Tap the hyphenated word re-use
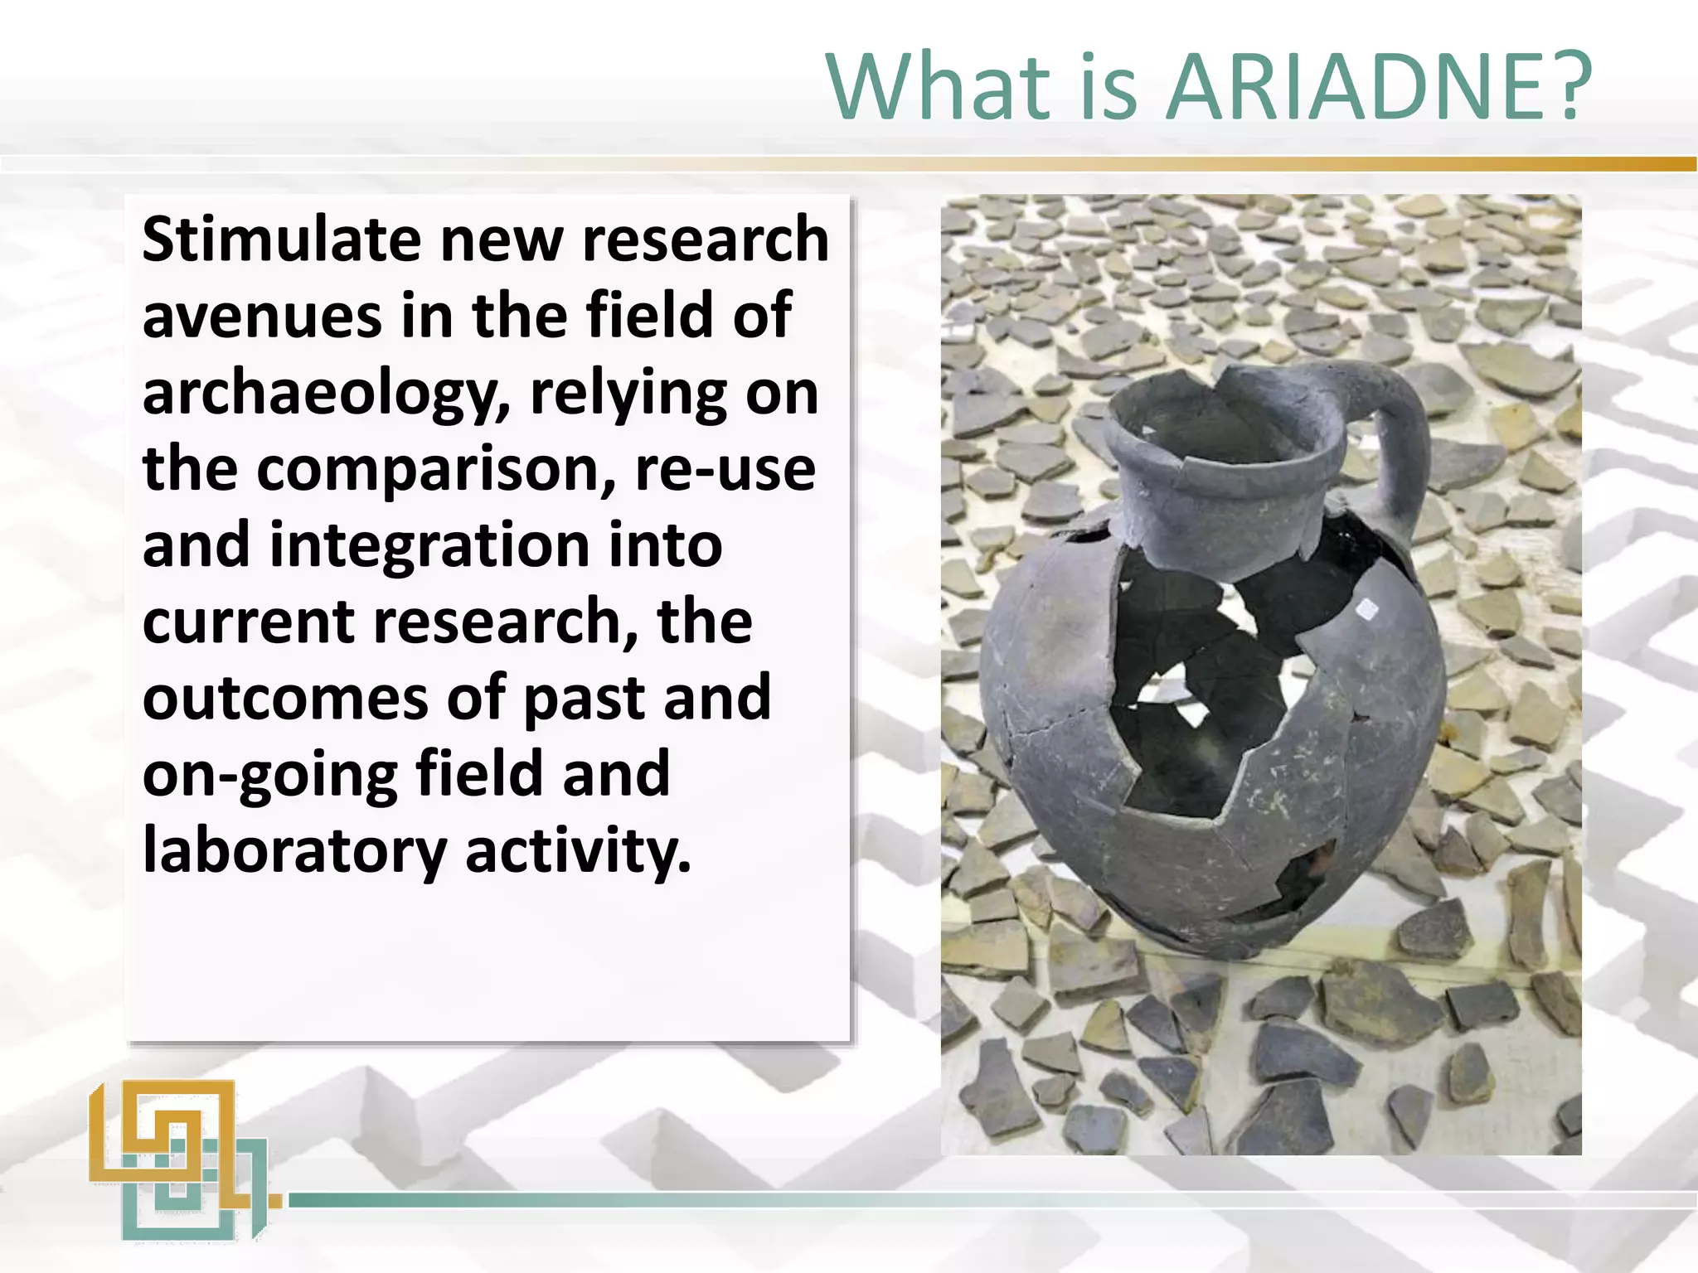coord(725,469)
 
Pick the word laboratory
coord(294,852)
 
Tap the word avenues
coord(262,317)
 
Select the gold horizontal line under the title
coord(1244,164)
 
